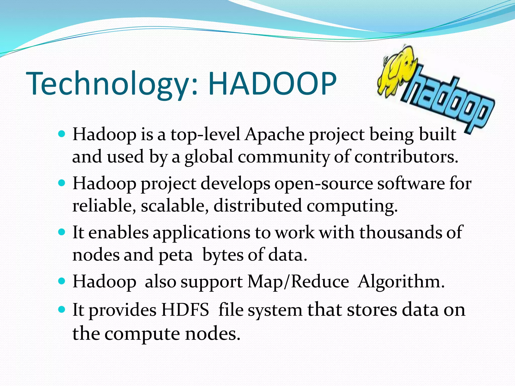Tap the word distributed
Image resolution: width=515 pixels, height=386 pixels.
pyautogui.click(x=257, y=206)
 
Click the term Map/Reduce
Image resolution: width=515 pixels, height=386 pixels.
pyautogui.click(x=298, y=281)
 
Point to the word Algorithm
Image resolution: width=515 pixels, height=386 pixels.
pyautogui.click(x=401, y=281)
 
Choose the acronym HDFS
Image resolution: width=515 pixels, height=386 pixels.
pyautogui.click(x=185, y=310)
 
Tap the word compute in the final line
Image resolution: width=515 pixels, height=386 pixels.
pyautogui.click(x=142, y=334)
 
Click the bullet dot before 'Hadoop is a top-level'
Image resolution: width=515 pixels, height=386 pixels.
pyautogui.click(x=61, y=133)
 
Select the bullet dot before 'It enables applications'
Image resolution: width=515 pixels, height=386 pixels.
pyautogui.click(x=61, y=231)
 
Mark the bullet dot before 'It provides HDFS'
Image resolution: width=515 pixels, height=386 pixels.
pyautogui.click(x=61, y=309)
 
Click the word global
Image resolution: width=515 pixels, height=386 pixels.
pyautogui.click(x=209, y=157)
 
